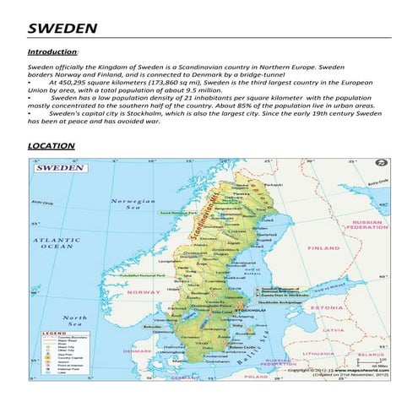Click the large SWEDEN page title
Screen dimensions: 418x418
62,28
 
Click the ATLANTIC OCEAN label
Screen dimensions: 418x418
56,243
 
